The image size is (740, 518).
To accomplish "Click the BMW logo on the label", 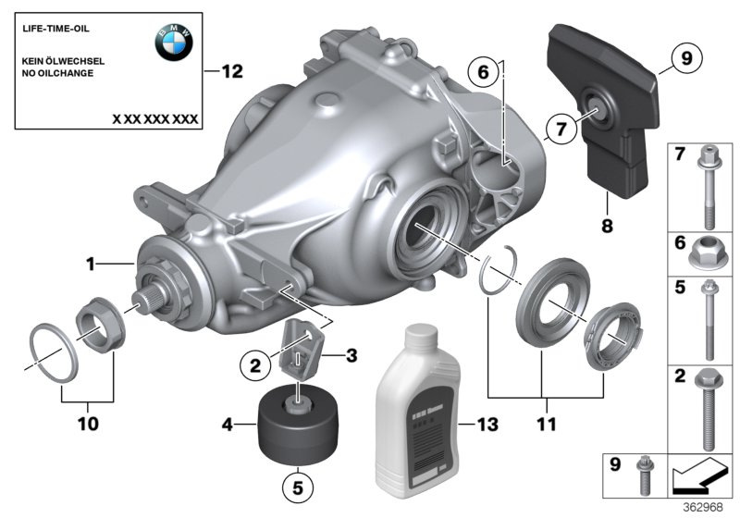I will pos(173,42).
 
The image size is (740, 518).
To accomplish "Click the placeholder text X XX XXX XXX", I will pos(154,120).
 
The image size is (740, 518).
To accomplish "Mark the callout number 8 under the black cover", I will pos(606,222).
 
